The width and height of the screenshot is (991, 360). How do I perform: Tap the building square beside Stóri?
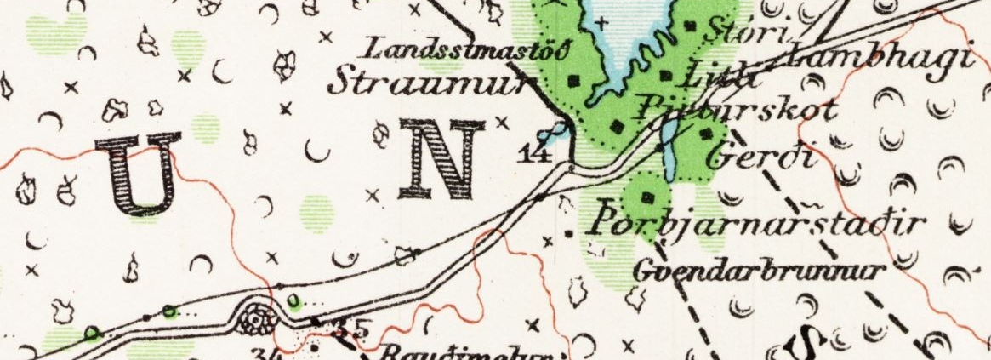pos(690,26)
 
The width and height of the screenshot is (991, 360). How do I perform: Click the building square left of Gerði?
pos(704,132)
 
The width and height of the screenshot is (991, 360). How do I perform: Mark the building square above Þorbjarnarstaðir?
pos(648,197)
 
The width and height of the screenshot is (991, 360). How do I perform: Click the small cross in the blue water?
pos(603,22)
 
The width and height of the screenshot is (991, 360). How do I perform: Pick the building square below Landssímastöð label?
pos(574,81)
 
